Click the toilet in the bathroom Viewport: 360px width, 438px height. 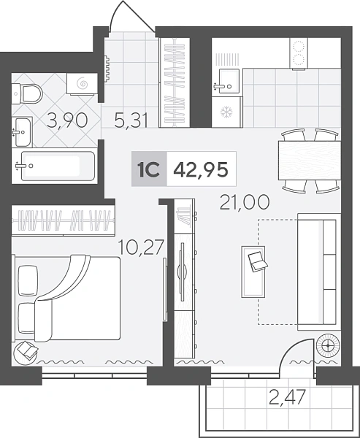point(27,94)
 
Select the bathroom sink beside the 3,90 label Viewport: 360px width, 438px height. point(22,132)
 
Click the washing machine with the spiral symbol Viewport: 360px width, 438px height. point(82,84)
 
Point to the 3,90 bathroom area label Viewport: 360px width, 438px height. point(67,120)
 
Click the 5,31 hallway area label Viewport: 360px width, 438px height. point(131,120)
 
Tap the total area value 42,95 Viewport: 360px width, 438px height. point(201,169)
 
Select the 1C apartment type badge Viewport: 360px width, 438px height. point(149,169)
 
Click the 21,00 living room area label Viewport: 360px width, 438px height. point(245,202)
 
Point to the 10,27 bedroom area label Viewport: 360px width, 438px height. point(141,247)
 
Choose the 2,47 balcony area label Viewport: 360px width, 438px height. point(287,397)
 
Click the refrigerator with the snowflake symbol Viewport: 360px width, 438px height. point(226,112)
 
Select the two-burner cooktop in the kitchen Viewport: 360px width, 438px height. point(299,53)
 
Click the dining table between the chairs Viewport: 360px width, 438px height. point(310,161)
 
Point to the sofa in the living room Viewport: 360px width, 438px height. point(319,272)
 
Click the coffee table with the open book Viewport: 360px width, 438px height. point(253,272)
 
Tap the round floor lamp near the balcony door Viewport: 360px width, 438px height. point(328,346)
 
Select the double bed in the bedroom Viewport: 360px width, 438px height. point(67,299)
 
